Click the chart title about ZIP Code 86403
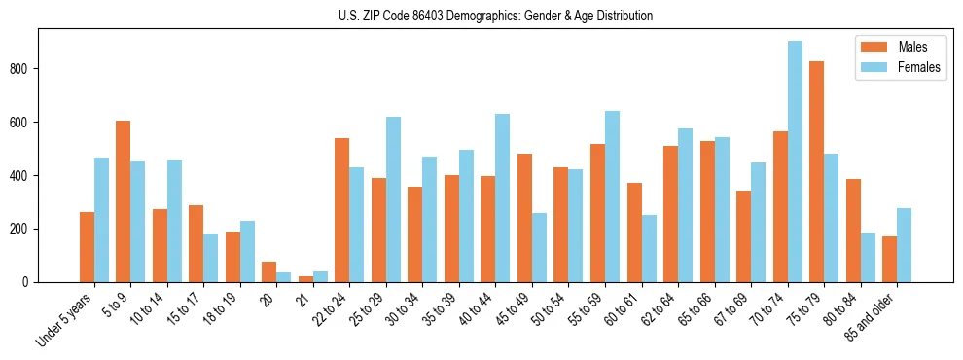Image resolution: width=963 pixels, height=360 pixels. [x=481, y=17]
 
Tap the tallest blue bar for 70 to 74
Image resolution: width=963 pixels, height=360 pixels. [x=795, y=162]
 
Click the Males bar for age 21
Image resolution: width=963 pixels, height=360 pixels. [x=305, y=279]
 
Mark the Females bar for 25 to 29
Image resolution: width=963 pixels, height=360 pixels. [x=393, y=199]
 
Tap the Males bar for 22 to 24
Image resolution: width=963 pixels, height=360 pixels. [x=342, y=210]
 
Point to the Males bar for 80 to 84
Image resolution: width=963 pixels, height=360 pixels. [x=853, y=231]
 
